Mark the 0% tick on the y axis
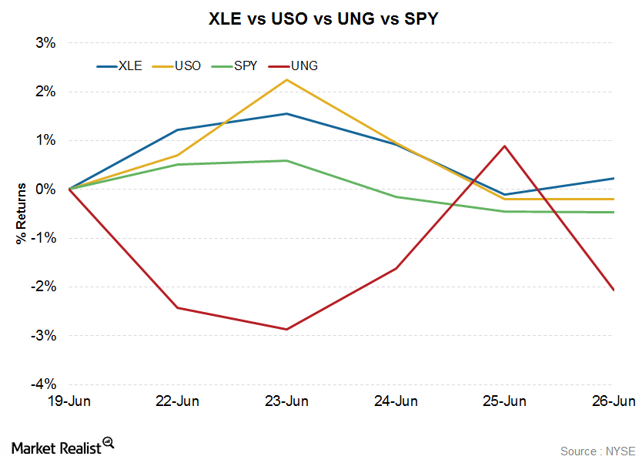46,189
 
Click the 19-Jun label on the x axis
69,401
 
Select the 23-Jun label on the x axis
286,401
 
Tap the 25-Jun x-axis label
504,401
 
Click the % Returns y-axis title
21,213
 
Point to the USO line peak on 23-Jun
287,80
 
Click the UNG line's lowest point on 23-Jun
287,329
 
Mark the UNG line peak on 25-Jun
504,146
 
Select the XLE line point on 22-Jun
178,130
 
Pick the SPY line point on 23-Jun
287,160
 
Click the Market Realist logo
62,445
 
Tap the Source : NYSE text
597,450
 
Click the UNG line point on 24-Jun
396,268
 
